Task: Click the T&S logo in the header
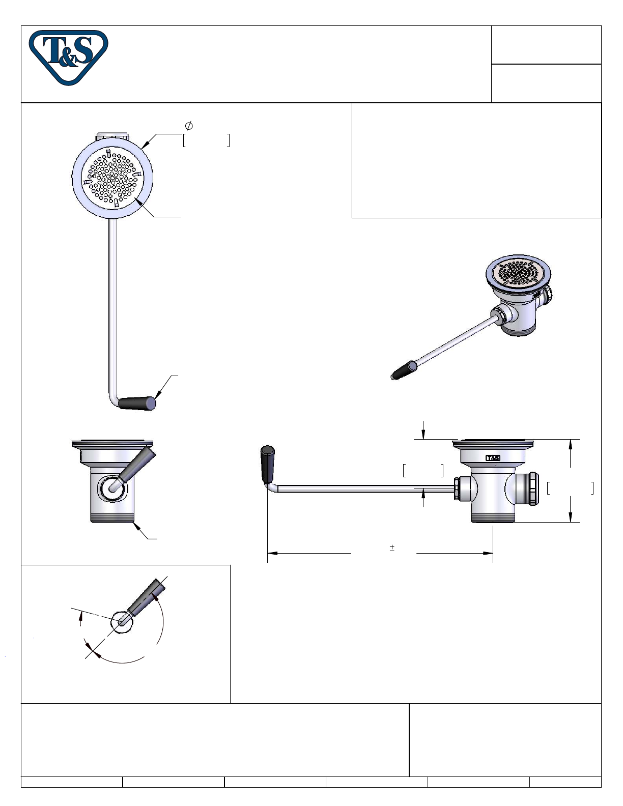[68, 57]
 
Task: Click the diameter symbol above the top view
[188, 126]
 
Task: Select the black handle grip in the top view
[136, 404]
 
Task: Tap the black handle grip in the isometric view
[404, 370]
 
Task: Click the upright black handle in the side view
[268, 464]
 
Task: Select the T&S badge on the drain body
[493, 458]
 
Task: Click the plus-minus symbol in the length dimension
[392, 548]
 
